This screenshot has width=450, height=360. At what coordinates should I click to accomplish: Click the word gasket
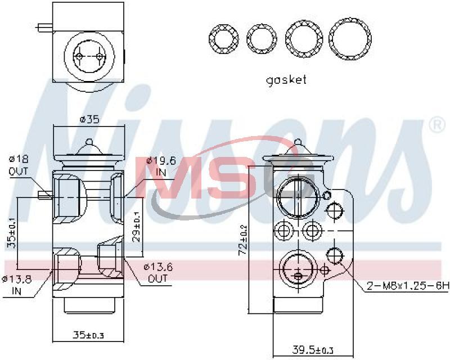(286, 80)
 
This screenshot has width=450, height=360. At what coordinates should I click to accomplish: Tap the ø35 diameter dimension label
(89, 119)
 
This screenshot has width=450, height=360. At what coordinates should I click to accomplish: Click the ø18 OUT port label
(19, 165)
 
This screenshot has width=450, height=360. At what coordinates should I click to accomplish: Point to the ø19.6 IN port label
(161, 166)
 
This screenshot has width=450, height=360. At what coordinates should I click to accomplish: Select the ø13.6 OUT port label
(158, 273)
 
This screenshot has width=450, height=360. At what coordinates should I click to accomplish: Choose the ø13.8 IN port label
(16, 285)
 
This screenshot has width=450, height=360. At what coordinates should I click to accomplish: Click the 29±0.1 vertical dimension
(137, 227)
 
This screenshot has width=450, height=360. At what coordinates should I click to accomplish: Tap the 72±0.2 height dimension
(243, 239)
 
